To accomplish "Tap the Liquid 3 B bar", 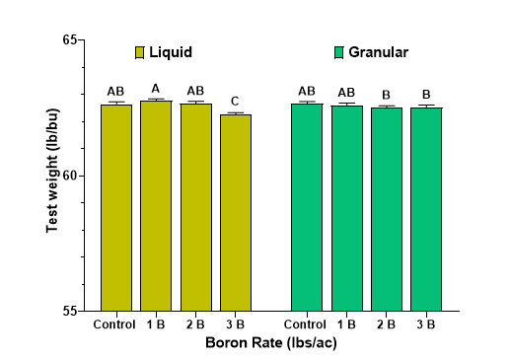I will click(x=236, y=212).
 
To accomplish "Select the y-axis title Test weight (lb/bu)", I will click(x=51, y=175).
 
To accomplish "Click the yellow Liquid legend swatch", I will click(x=140, y=52).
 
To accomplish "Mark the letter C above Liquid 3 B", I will click(x=236, y=101).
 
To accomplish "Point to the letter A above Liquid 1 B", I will click(x=156, y=88).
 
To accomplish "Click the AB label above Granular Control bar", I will click(x=307, y=91).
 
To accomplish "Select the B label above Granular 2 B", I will click(x=387, y=95).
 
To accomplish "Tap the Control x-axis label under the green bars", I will click(x=307, y=324).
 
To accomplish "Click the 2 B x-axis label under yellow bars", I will click(x=195, y=324).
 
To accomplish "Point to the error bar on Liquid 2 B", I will click(x=195, y=102).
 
